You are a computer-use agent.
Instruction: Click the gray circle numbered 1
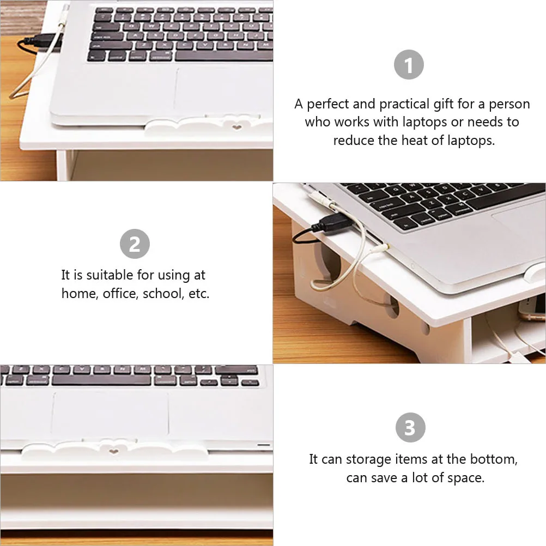point(409,66)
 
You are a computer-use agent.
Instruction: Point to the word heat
point(414,140)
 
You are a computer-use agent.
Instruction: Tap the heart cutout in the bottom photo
point(113,451)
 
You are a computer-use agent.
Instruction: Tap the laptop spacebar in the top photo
point(223,56)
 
